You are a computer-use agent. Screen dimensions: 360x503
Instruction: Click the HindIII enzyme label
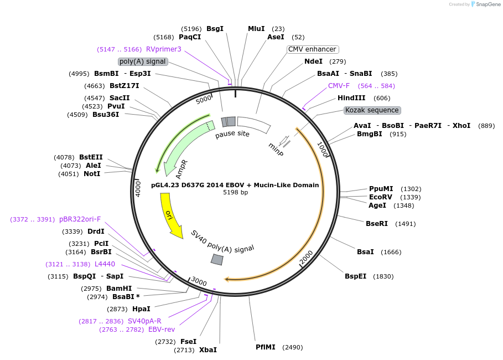(351, 98)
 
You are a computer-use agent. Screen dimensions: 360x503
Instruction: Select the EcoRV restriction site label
(380, 197)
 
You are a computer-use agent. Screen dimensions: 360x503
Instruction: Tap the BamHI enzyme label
(118, 288)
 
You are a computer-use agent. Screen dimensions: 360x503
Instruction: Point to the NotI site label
(92, 173)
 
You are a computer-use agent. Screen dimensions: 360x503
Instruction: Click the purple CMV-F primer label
(339, 86)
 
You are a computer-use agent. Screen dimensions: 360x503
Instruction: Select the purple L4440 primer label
(105, 264)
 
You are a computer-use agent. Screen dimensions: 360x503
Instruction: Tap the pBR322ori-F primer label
(80, 219)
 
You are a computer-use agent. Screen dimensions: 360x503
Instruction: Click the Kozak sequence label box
(372, 110)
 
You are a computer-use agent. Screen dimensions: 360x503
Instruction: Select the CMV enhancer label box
(312, 49)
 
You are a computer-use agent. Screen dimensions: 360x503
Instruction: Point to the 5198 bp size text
(235, 193)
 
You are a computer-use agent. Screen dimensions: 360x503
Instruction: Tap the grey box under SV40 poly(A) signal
(217, 260)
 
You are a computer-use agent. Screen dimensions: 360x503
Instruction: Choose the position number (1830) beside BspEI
(383, 276)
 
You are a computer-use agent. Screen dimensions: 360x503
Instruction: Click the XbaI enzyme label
(208, 350)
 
